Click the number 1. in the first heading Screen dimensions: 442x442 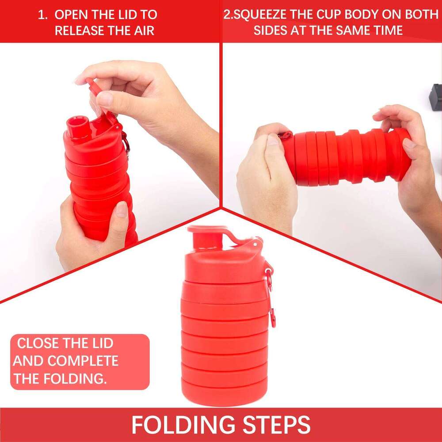(x=42, y=14)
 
